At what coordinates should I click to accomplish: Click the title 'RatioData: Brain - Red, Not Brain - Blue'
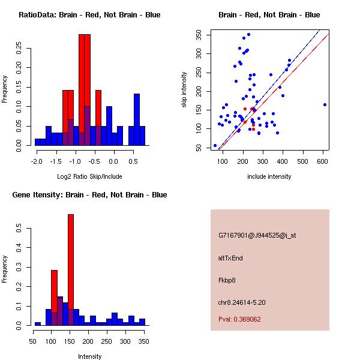point(89,15)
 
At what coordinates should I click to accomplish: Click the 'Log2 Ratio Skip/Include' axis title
point(89,176)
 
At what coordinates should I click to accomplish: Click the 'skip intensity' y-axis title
point(185,90)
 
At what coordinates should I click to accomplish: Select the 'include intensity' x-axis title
point(269,176)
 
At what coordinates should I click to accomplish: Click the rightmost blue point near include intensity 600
point(325,104)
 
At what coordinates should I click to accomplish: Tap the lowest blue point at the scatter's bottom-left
point(215,145)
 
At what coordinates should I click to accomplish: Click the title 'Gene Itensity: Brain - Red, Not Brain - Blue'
point(89,195)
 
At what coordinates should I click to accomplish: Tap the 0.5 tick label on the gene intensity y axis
point(19,229)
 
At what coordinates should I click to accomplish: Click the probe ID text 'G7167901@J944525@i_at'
point(257,235)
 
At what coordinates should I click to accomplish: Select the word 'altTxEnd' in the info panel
point(230,258)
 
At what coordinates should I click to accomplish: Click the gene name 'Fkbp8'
point(227,280)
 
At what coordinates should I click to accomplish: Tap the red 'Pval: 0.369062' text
point(239,319)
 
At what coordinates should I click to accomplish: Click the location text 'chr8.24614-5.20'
point(242,302)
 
